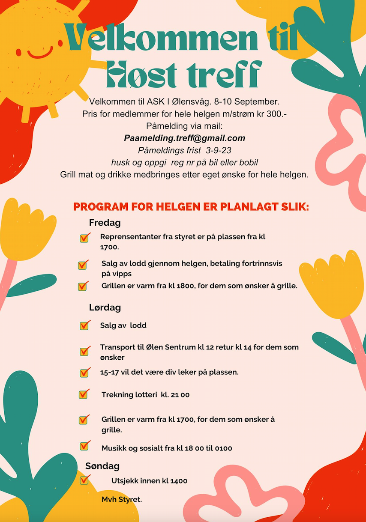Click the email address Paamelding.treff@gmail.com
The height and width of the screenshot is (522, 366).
pyautogui.click(x=184, y=138)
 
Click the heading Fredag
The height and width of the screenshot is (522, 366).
pyautogui.click(x=105, y=223)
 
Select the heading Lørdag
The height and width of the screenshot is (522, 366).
pyautogui.click(x=105, y=307)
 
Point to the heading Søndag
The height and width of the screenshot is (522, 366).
pyautogui.click(x=102, y=466)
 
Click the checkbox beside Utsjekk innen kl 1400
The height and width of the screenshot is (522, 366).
pyautogui.click(x=84, y=480)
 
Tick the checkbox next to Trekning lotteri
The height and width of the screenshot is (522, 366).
pyautogui.click(x=84, y=394)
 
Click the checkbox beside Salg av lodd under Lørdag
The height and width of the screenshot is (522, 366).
pyautogui.click(x=85, y=325)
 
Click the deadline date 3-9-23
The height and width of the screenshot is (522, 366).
pyautogui.click(x=219, y=151)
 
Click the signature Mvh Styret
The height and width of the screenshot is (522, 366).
pyautogui.click(x=122, y=499)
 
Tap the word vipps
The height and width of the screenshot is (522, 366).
pyautogui.click(x=122, y=274)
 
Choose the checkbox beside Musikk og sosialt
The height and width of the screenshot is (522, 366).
pyautogui.click(x=85, y=446)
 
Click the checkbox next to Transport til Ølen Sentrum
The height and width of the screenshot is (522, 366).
pyautogui.click(x=85, y=351)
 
